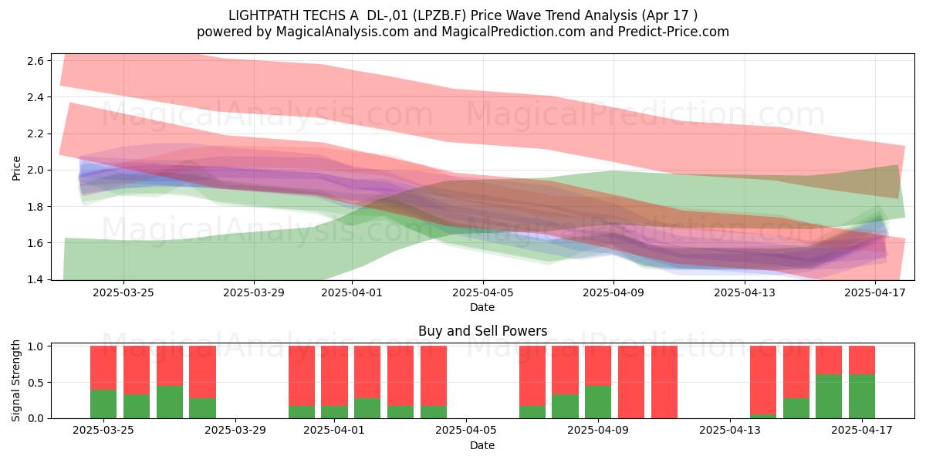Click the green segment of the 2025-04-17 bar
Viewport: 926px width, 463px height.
(862, 396)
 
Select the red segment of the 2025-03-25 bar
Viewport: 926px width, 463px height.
(103, 368)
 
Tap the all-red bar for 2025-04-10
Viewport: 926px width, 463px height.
(631, 382)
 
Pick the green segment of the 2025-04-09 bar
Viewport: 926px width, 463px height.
(598, 402)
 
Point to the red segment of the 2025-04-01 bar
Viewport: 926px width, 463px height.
(334, 376)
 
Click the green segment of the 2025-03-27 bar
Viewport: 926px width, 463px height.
(170, 402)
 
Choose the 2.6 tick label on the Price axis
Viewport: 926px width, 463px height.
(35, 61)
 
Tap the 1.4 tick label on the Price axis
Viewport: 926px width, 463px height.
(35, 280)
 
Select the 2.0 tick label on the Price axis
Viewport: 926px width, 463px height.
(35, 171)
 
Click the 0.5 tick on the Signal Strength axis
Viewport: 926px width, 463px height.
(35, 383)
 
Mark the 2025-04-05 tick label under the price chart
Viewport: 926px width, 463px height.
(482, 292)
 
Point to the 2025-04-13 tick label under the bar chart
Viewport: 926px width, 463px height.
(730, 430)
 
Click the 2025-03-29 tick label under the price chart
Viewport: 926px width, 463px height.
(254, 292)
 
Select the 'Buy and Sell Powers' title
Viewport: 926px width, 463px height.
(482, 331)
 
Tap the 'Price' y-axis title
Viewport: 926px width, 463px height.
(16, 168)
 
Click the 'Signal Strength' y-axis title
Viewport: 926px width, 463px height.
(15, 380)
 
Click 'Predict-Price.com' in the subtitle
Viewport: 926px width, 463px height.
(674, 32)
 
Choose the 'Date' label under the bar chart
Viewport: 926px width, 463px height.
(482, 445)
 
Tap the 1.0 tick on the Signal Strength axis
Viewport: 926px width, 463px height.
(35, 346)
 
